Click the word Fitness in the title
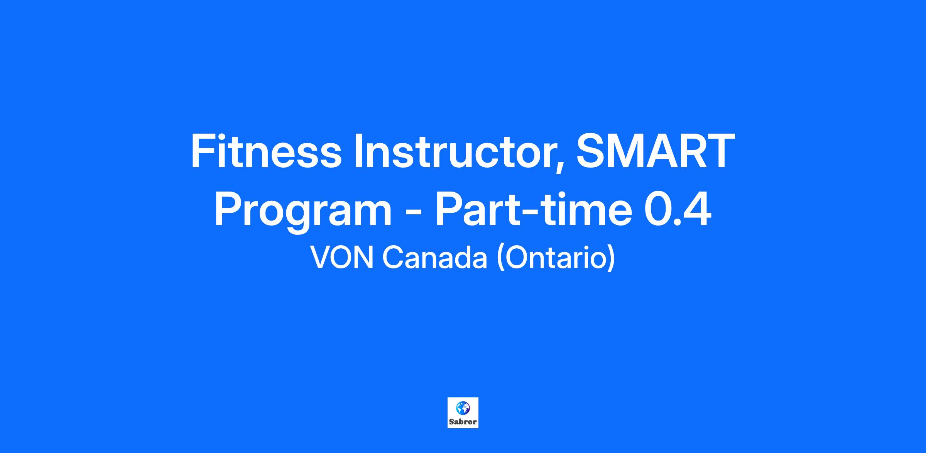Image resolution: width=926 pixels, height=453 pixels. click(x=266, y=151)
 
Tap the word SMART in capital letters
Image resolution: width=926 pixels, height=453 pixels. click(x=655, y=151)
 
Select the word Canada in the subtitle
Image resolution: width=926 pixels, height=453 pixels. click(x=435, y=258)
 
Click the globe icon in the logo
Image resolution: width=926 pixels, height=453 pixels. click(x=463, y=408)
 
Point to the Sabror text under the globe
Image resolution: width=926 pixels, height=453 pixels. click(x=463, y=422)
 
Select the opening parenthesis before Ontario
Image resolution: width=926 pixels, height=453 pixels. click(x=501, y=258)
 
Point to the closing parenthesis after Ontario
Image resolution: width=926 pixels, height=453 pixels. click(x=610, y=258)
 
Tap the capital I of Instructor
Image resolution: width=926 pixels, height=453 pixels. click(x=358, y=151)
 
